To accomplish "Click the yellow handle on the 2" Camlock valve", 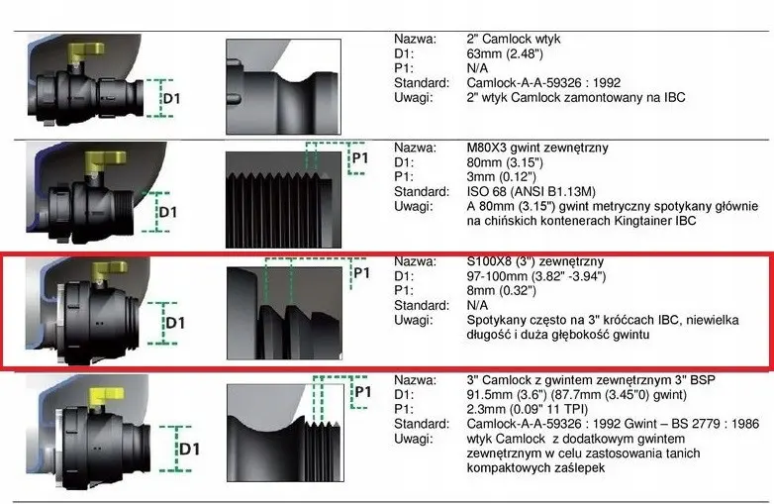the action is (87, 50).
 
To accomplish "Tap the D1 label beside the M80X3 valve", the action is (168, 212).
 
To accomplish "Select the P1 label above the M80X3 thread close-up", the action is (360, 158).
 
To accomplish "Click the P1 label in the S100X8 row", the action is (362, 273).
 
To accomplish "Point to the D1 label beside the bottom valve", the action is (190, 450).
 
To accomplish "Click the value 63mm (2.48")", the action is (505, 53).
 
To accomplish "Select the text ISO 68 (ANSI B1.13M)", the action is (532, 191).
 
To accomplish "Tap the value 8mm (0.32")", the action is (502, 290).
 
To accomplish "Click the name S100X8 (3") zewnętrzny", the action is (535, 261).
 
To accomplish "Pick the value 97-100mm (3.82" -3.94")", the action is (536, 276).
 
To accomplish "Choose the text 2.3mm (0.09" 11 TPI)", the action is (535, 409).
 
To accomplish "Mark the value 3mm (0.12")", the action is (502, 176).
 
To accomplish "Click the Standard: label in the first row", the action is (422, 83).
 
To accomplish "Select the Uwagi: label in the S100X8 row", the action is (413, 321).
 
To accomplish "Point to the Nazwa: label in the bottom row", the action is (415, 380).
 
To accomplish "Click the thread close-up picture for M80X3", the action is (283, 200).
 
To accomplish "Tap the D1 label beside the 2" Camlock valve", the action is (171, 99).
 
